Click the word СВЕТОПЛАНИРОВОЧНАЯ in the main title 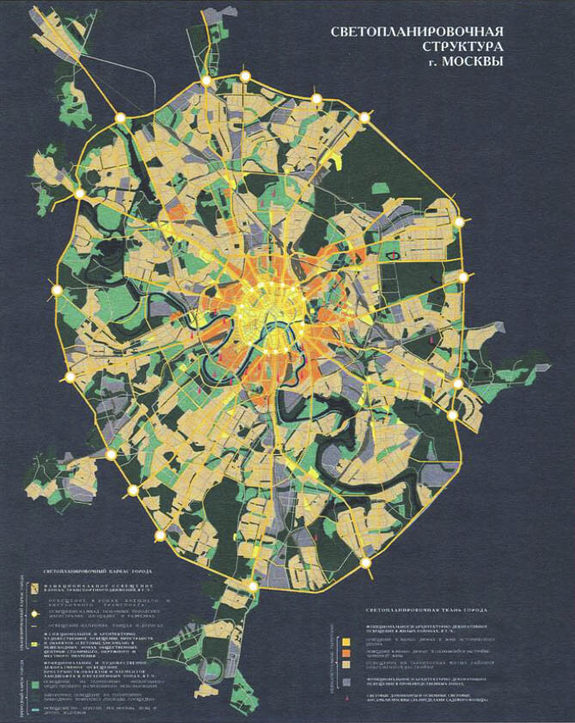click(417, 32)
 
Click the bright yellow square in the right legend click(347, 641)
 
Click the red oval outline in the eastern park click(394, 254)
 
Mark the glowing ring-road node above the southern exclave click(253, 586)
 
